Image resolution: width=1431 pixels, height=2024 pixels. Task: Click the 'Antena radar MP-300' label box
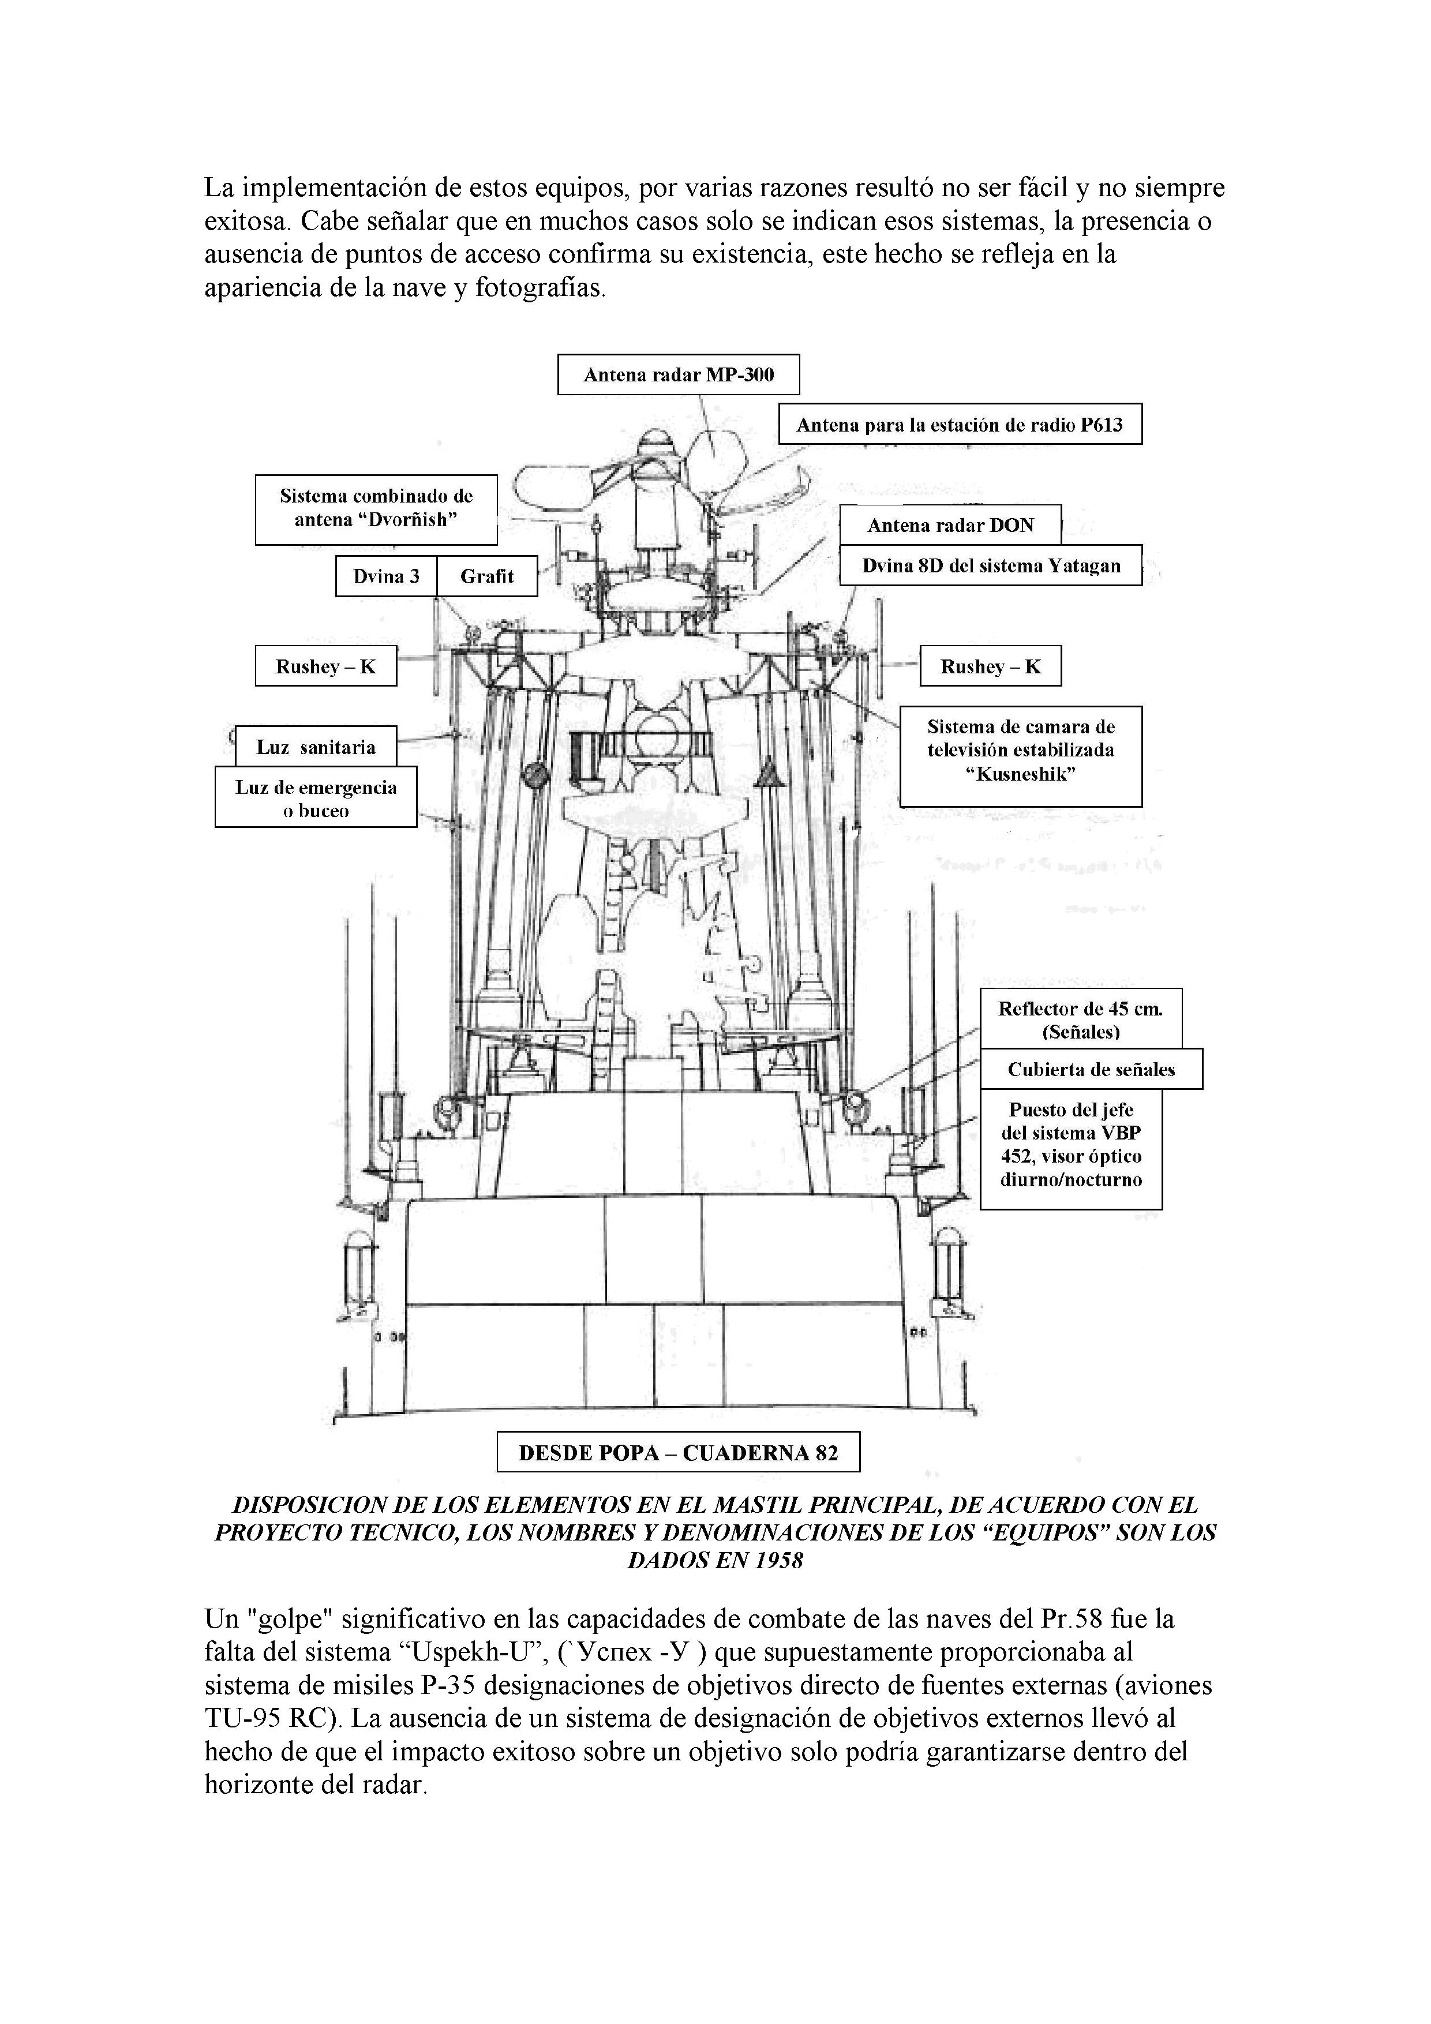678,374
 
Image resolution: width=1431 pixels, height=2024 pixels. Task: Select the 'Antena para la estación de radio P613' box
960,425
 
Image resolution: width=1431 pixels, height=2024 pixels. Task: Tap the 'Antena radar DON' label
950,526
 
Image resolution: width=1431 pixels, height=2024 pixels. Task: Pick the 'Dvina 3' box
386,576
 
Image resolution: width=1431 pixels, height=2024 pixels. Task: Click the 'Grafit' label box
486,576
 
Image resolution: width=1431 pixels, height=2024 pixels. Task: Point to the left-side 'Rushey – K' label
325,666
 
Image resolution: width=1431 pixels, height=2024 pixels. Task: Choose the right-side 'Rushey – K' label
990,666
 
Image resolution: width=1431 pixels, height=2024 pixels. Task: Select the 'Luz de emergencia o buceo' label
316,799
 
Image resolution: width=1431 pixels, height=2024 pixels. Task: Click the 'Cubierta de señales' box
1091,1069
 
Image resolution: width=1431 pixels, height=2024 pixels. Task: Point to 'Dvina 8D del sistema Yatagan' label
990,566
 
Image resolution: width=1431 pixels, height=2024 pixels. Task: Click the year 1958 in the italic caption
776,1560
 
